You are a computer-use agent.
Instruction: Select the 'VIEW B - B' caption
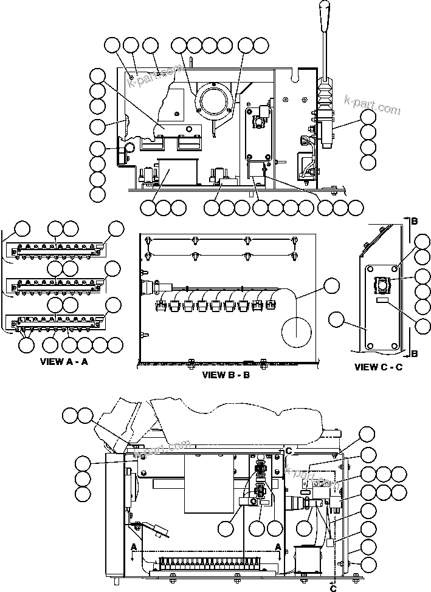(x=226, y=375)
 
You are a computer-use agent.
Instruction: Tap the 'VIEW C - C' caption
(x=378, y=367)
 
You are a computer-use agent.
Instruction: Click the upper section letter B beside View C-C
(x=413, y=220)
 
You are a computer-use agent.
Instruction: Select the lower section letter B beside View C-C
(x=413, y=353)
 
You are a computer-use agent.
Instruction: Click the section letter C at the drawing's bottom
(x=333, y=587)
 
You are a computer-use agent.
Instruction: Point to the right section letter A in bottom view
(x=278, y=546)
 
